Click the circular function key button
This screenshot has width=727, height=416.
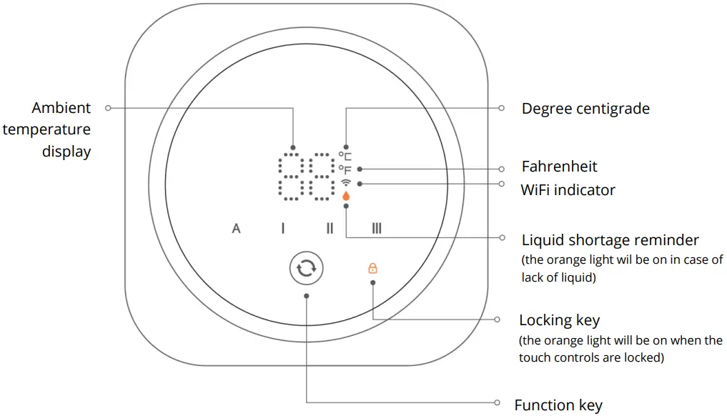pyautogui.click(x=306, y=269)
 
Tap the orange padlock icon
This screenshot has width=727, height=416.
pyautogui.click(x=372, y=269)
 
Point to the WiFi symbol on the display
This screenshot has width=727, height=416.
pyautogui.click(x=346, y=183)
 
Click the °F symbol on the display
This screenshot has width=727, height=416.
pyautogui.click(x=345, y=169)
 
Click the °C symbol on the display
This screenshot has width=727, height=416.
pyautogui.click(x=345, y=155)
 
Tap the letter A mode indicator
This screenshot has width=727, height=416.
pyautogui.click(x=236, y=229)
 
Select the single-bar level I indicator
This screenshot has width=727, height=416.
pyautogui.click(x=282, y=229)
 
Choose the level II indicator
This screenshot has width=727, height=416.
pyautogui.click(x=330, y=229)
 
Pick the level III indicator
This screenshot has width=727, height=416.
pyautogui.click(x=377, y=229)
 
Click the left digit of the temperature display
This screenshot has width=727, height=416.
pyautogui.click(x=290, y=176)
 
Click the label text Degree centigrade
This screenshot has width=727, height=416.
pyautogui.click(x=585, y=109)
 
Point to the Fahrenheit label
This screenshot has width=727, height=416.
pyautogui.click(x=559, y=167)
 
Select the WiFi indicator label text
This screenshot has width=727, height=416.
pyautogui.click(x=568, y=189)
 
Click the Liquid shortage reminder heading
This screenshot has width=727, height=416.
pyautogui.click(x=610, y=239)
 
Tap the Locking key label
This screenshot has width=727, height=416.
pyautogui.click(x=559, y=320)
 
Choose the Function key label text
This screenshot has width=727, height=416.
pyautogui.click(x=558, y=405)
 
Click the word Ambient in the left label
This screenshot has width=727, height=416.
pyautogui.click(x=61, y=108)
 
